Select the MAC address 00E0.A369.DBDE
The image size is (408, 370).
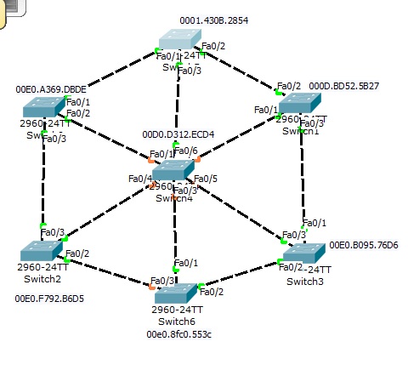[51, 88]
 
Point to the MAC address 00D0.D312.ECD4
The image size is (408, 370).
[178, 134]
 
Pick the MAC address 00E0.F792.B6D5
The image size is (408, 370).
[49, 299]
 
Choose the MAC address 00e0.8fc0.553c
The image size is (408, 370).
[178, 334]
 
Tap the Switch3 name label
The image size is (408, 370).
[304, 282]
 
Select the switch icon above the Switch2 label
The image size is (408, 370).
[41, 250]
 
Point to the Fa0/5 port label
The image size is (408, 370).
[206, 179]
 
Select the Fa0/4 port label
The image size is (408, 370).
[139, 179]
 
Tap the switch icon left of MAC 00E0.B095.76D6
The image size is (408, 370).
[303, 253]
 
